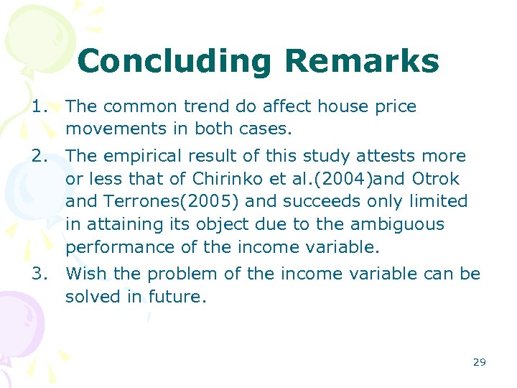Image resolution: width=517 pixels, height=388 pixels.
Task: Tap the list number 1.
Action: [x=39, y=107]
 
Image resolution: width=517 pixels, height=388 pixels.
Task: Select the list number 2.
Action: [x=39, y=157]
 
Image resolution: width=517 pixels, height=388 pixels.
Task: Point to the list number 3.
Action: [x=39, y=274]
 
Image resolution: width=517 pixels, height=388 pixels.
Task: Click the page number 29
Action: [x=479, y=362]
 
